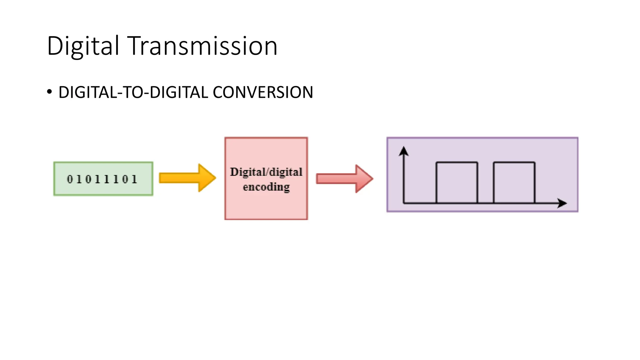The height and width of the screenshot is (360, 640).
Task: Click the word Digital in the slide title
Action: pos(83,46)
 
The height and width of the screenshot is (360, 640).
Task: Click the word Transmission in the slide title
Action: pos(203,46)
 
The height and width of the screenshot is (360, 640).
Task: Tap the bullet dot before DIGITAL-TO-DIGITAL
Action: pos(49,92)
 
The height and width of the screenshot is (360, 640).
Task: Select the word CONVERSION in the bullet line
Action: pos(263,92)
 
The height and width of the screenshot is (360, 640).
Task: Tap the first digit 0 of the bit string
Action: pos(70,179)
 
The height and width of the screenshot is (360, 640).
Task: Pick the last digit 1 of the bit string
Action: pos(134,179)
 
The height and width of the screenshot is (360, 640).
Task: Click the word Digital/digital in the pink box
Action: pos(266,172)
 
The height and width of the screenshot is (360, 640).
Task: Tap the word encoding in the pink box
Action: pos(266,187)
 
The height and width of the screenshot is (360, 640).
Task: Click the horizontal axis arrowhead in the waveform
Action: pos(562,203)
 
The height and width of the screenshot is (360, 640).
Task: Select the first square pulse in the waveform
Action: pos(457,182)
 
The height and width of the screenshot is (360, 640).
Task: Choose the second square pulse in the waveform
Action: pos(514,182)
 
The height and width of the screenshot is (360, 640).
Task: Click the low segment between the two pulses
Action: pos(485,203)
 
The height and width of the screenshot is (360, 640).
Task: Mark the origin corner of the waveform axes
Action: pos(404,203)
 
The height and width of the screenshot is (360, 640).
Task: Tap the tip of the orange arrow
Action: pos(215,178)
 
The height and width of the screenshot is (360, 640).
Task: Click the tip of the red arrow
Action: pos(372,179)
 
